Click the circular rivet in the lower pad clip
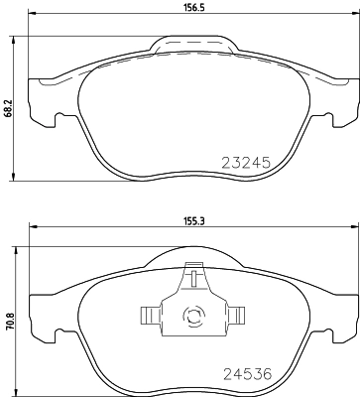[192, 318]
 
